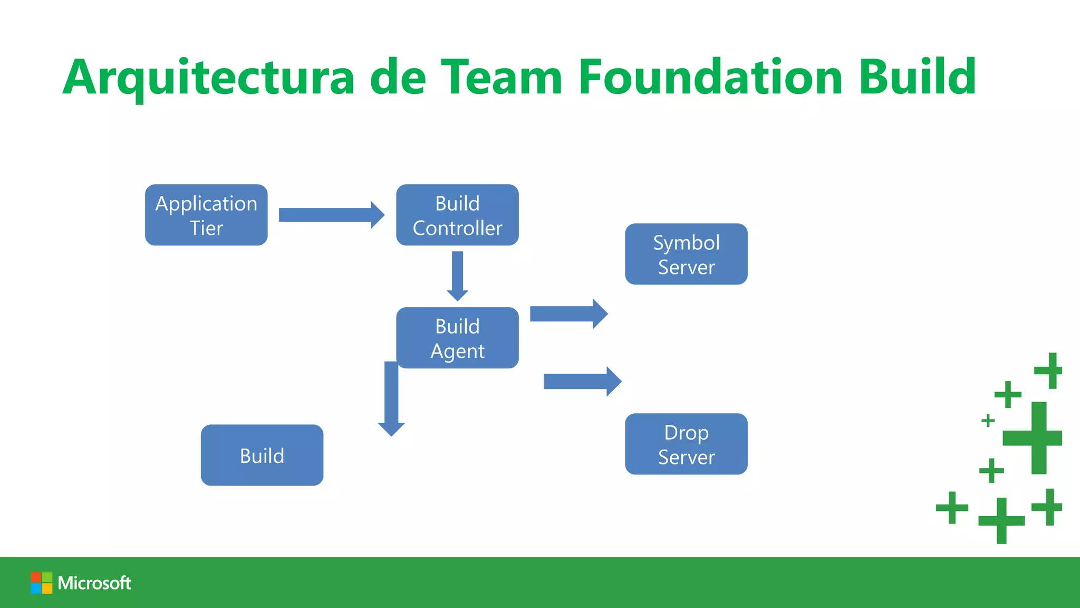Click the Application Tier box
(206, 215)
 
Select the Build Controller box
(457, 215)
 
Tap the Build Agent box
(457, 338)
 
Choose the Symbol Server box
(686, 254)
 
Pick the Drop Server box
(686, 444)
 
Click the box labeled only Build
(262, 455)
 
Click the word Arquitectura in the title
(209, 78)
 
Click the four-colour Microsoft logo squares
(41, 583)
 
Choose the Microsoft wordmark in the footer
(94, 583)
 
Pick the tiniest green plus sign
(988, 421)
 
